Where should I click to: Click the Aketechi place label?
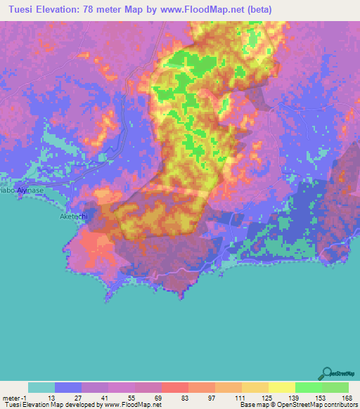[70, 217]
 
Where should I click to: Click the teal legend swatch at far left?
[41, 387]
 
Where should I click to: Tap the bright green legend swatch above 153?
[309, 387]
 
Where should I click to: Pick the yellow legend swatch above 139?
[282, 387]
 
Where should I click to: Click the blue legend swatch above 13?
[68, 387]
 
